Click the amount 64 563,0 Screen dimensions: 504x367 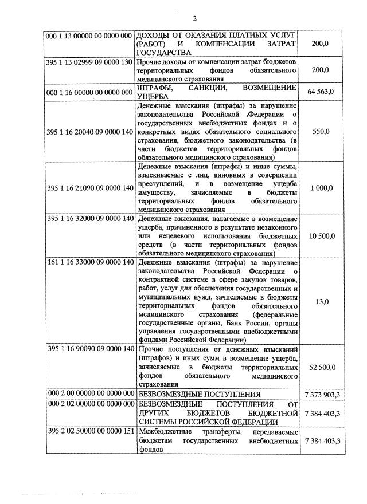322,92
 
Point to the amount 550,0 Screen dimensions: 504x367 322,132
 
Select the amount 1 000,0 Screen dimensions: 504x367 322,187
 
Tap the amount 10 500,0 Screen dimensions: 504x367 322,236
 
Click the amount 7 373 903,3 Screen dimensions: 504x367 322,394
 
